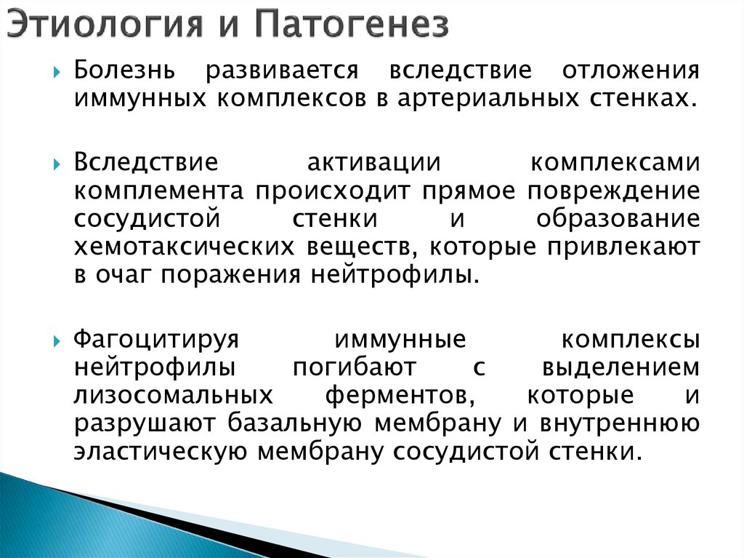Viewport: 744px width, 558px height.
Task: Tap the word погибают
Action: (x=355, y=367)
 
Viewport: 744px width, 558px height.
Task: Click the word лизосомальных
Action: (x=174, y=395)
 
